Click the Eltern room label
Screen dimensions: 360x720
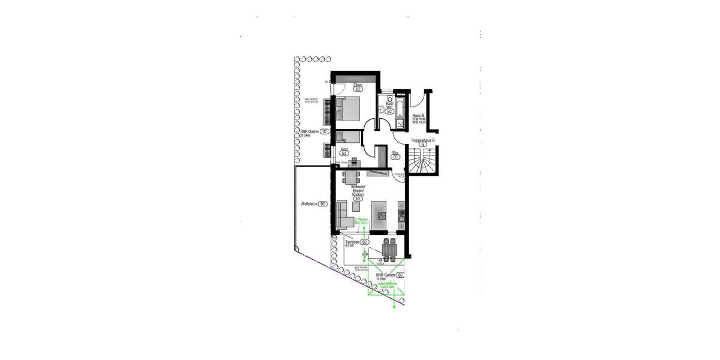(x=358, y=85)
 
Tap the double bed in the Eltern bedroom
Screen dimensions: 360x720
(x=347, y=109)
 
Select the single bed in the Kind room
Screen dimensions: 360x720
(x=347, y=137)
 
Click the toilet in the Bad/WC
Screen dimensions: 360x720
(x=381, y=109)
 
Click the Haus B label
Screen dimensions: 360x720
(x=419, y=115)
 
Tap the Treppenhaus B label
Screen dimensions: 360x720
(x=422, y=140)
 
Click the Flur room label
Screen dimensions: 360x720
(x=395, y=153)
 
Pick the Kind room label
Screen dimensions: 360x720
(x=344, y=149)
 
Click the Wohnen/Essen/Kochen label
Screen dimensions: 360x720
(x=358, y=193)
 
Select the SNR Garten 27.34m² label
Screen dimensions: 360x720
(x=311, y=131)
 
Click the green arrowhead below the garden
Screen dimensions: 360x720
(x=394, y=306)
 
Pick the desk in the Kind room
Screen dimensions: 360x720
(x=353, y=161)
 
